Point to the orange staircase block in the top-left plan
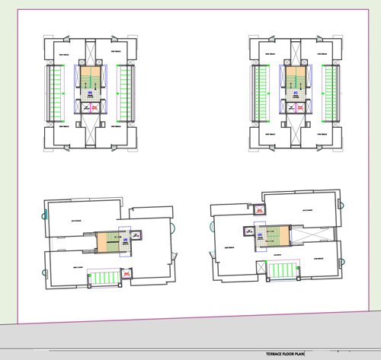coord(90,77)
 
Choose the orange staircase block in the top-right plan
coord(296,77)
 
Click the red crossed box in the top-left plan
coord(95,109)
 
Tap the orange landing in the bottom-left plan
coord(105,242)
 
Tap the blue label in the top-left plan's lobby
coord(90,94)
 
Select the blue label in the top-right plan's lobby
coord(296,94)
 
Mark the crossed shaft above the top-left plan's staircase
coord(90,53)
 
